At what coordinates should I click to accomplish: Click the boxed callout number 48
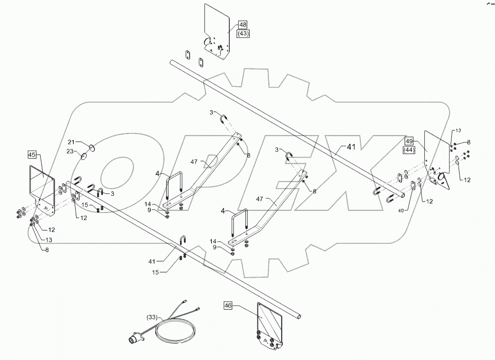[243, 25]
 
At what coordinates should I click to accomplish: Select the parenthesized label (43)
[243, 33]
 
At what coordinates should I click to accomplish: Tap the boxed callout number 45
[32, 155]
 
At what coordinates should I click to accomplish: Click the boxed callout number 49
[410, 141]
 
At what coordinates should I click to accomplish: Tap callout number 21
[71, 141]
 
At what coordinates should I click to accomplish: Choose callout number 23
[71, 151]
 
